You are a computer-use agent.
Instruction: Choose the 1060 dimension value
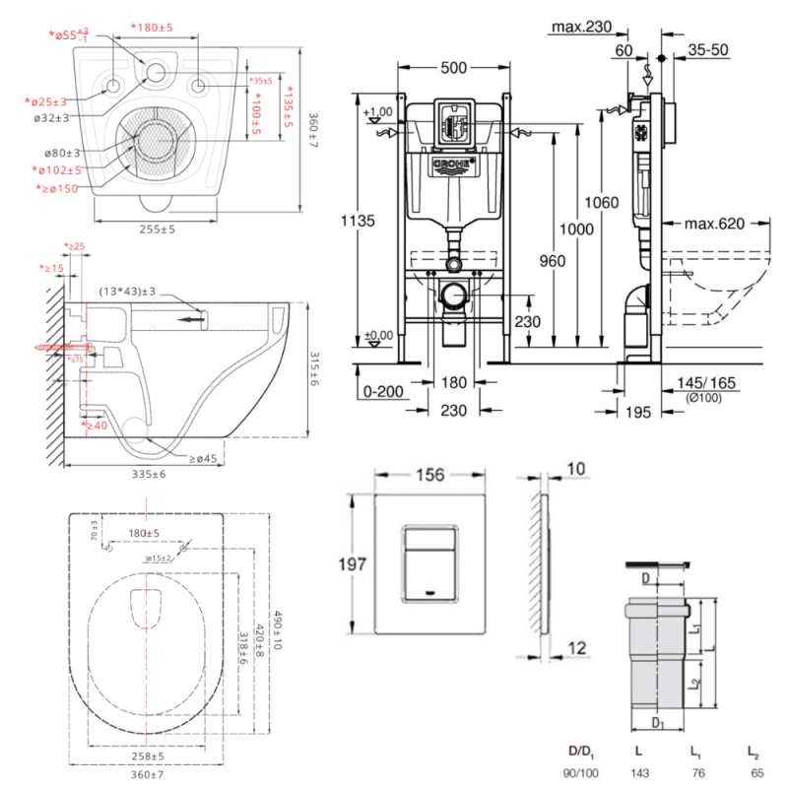coord(600,203)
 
